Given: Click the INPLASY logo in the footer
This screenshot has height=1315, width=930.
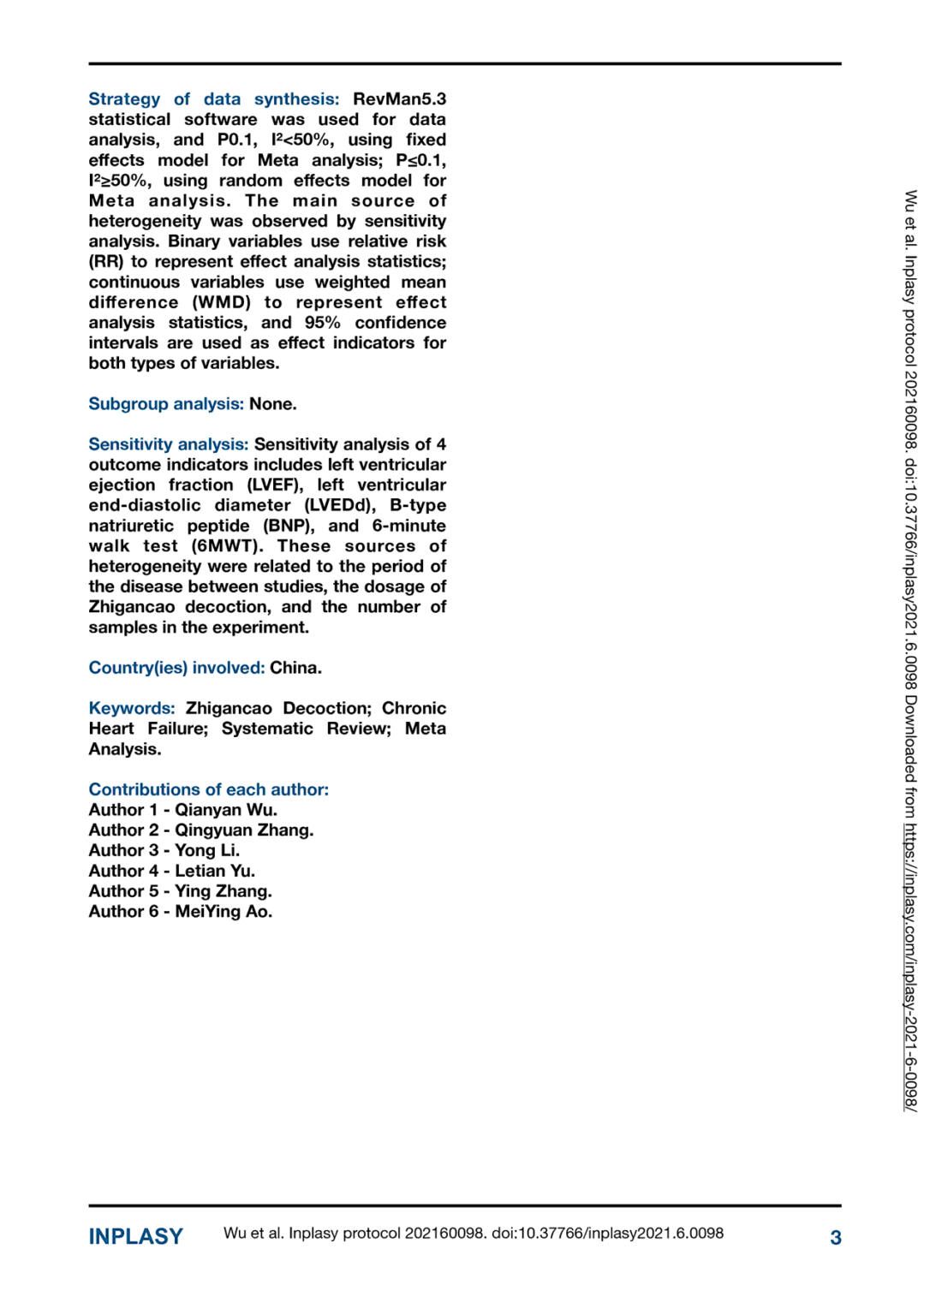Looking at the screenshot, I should (135, 1236).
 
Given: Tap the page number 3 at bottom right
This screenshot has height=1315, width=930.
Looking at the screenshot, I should (835, 1237).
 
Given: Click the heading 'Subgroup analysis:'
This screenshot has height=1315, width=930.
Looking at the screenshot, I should (166, 404).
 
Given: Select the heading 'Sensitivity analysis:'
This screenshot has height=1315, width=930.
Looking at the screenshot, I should (169, 444).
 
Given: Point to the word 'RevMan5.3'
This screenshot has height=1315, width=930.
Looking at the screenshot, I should (399, 99).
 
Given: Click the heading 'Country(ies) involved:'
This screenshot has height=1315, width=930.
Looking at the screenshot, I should (176, 668).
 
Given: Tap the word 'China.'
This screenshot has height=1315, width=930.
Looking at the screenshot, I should (295, 668).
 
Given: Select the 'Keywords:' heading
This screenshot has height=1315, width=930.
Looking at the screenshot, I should (131, 708).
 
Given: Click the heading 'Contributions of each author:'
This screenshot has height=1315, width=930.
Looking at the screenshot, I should (208, 789).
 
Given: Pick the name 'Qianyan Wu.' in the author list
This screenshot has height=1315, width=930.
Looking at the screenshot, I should (226, 810).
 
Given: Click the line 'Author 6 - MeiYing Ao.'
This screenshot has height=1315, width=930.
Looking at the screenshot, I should (181, 912).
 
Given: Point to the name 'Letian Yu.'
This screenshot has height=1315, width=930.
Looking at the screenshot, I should (215, 871).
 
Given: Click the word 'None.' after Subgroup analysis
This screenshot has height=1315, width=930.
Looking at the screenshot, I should (273, 404).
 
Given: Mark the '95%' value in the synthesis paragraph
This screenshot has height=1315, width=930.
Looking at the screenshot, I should (322, 323).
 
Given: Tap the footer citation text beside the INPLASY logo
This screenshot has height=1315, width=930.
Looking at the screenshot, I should (473, 1234).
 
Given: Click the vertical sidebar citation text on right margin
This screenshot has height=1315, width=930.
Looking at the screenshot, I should (910, 651).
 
